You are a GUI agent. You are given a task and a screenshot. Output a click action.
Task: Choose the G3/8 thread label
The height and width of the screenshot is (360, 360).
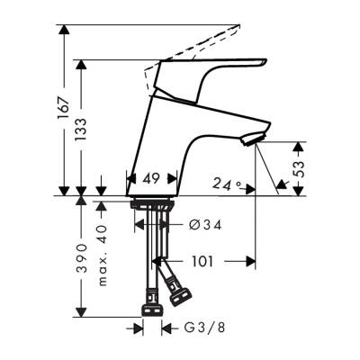pos(200,329)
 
